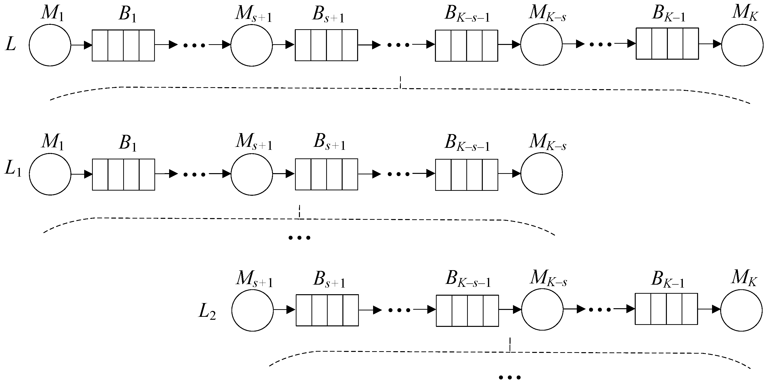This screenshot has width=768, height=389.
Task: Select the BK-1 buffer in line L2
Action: click(x=666, y=309)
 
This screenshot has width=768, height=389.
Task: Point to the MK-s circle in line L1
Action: click(x=541, y=174)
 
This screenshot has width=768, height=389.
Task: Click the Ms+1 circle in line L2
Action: click(x=253, y=310)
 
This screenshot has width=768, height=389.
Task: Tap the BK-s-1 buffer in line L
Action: click(x=466, y=46)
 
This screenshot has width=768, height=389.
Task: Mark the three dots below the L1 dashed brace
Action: click(x=300, y=238)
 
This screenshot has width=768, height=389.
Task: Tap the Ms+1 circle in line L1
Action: click(x=252, y=174)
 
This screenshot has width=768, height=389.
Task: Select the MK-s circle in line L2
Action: click(x=542, y=309)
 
